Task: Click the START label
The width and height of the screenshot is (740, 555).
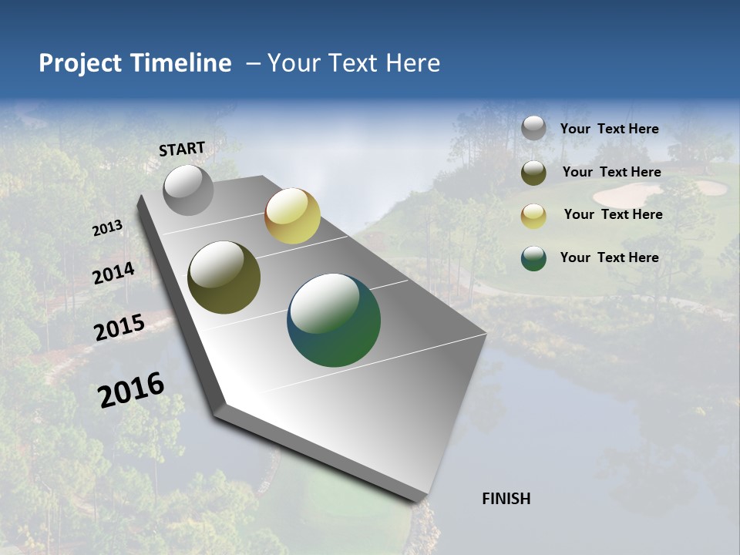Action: click(182, 149)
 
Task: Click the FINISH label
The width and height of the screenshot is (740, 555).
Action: click(506, 499)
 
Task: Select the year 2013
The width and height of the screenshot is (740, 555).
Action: click(107, 228)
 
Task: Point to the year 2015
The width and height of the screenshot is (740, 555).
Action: click(119, 328)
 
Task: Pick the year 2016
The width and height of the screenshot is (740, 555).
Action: click(131, 390)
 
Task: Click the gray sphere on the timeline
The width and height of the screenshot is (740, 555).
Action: click(188, 190)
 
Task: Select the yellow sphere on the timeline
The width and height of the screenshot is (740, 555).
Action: click(292, 216)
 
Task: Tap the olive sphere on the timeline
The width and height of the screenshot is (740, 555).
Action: click(224, 277)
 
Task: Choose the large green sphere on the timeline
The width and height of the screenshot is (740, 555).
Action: click(334, 320)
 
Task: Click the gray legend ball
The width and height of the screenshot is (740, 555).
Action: click(533, 129)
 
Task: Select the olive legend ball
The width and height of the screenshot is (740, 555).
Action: click(533, 173)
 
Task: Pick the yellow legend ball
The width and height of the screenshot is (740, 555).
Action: click(533, 216)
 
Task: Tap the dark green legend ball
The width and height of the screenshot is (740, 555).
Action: click(533, 258)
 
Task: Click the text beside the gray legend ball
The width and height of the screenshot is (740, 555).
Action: click(609, 129)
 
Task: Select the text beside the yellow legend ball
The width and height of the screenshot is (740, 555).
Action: click(613, 214)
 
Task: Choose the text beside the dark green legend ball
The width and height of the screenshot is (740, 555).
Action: click(609, 257)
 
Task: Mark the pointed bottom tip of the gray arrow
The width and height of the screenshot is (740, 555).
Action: click(420, 501)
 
